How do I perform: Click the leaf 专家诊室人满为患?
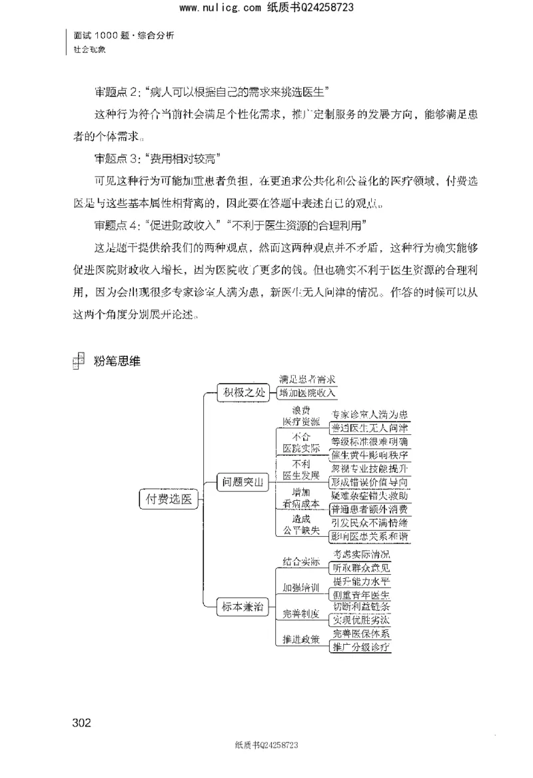pyautogui.click(x=370, y=414)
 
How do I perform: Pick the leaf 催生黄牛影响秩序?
pyautogui.click(x=370, y=455)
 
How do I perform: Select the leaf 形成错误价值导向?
pyautogui.click(x=370, y=482)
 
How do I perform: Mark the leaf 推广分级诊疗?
pyautogui.click(x=361, y=646)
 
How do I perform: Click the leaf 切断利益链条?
pyautogui.click(x=361, y=607)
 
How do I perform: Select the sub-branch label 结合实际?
pyautogui.click(x=300, y=562)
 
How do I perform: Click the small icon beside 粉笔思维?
pyautogui.click(x=78, y=360)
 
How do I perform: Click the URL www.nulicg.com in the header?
pyautogui.click(x=220, y=8)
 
